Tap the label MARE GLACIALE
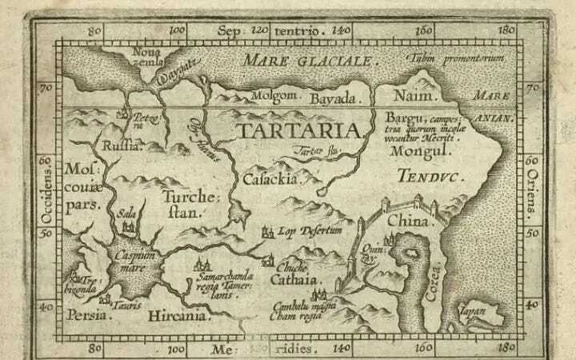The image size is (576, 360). click(309, 61)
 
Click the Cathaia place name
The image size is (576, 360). click(297, 280)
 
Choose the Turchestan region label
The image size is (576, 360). click(186, 204)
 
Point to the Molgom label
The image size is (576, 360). click(276, 95)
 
